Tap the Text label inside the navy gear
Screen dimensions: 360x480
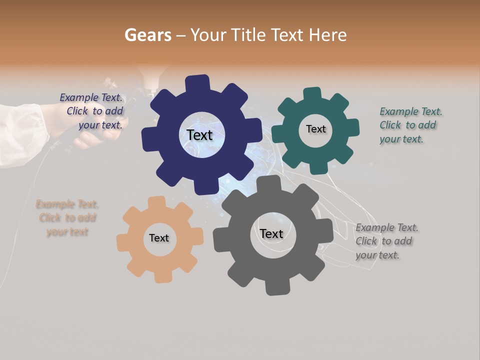[x=199, y=135]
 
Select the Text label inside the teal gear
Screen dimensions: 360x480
[x=315, y=129]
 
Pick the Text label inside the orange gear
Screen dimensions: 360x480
[x=159, y=238]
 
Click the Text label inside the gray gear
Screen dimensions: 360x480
[x=271, y=233]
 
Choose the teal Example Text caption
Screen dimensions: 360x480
[x=410, y=125]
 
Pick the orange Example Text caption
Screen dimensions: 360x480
[x=67, y=218]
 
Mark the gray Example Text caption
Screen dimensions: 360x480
[x=386, y=241]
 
